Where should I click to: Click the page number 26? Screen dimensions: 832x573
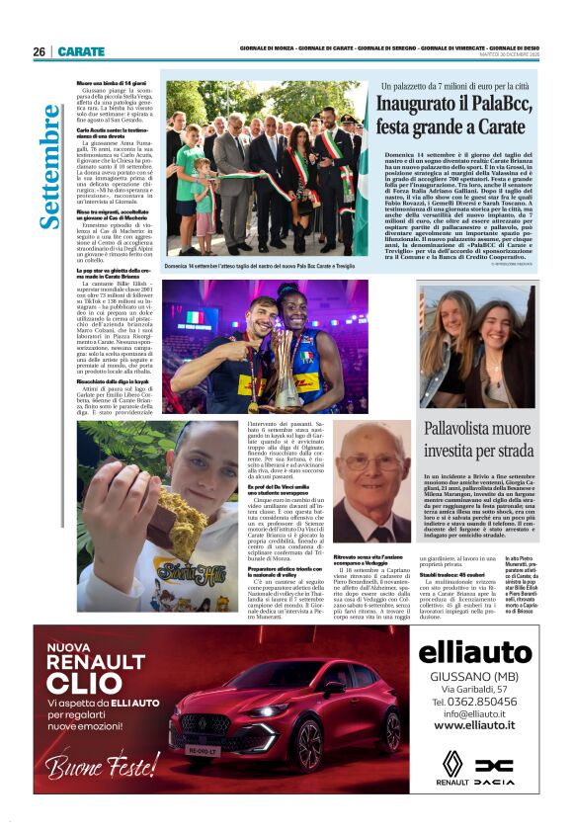tap(40, 51)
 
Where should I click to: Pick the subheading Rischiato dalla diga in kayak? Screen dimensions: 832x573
tap(112, 378)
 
